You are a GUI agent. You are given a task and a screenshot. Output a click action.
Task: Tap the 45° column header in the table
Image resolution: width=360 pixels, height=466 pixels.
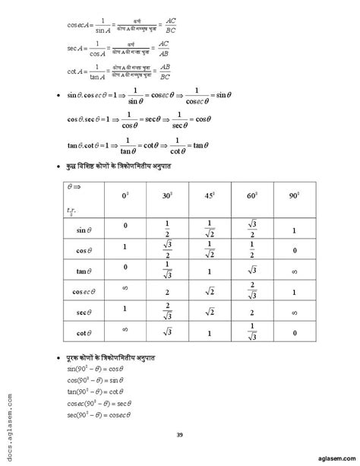[x=210, y=196]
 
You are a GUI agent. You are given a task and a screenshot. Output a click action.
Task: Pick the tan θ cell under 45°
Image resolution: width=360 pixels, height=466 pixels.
[x=210, y=269]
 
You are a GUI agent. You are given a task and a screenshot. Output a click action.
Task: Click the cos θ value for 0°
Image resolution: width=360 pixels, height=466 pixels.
[x=125, y=248]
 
